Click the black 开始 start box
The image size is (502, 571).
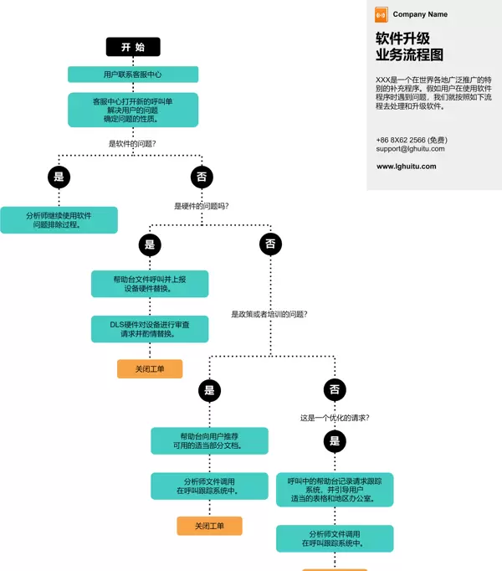coord(133,47)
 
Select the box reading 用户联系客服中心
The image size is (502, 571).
coord(133,75)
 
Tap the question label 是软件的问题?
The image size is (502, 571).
coord(133,143)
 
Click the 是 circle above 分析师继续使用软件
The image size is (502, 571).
coord(59,177)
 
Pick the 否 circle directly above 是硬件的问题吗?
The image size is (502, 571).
coord(202,177)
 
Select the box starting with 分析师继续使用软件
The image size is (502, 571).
coord(59,220)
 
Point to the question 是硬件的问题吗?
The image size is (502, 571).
coord(202,206)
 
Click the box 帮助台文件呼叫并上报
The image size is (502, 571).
coord(150,284)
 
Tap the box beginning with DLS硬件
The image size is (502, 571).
coord(150,329)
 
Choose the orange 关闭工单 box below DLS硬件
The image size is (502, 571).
coord(150,368)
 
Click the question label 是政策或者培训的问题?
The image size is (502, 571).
coord(269,315)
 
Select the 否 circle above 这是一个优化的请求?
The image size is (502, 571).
coord(335,389)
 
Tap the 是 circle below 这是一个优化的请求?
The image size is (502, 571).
coord(335,441)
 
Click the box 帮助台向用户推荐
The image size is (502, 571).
coord(209,440)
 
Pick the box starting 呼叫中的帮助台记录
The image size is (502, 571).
coord(335,490)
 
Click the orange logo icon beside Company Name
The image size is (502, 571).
coord(381,14)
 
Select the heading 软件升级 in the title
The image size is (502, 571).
coord(402,39)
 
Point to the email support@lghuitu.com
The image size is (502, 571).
coord(410,149)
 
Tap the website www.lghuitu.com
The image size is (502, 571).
coord(406,167)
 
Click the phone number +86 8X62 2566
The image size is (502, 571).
coord(401,140)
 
